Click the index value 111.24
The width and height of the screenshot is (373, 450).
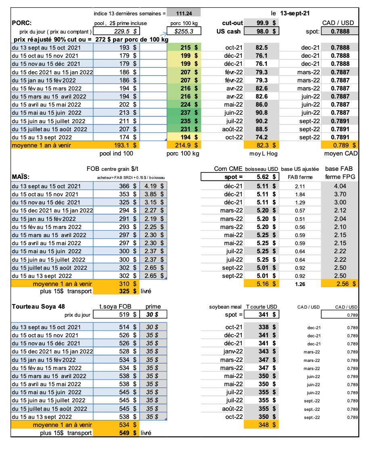pos(182,13)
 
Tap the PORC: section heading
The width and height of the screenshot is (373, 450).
pos(22,23)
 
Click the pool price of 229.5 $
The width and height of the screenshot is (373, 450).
pos(121,31)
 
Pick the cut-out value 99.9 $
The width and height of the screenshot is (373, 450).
pos(266,23)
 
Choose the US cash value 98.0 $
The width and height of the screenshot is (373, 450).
pos(266,31)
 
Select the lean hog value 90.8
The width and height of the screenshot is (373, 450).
pos(262,113)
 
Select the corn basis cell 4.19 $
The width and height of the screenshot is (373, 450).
pos(153,186)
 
